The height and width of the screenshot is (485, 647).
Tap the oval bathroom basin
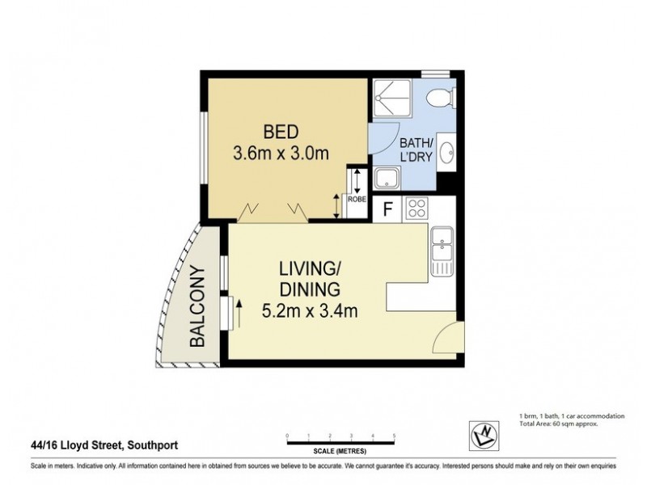[x=446, y=155]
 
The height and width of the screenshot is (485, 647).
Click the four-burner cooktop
[x=417, y=208]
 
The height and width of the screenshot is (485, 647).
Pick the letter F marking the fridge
[x=388, y=209]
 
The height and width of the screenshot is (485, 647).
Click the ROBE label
[x=355, y=197]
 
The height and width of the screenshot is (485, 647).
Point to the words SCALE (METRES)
[x=340, y=450]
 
